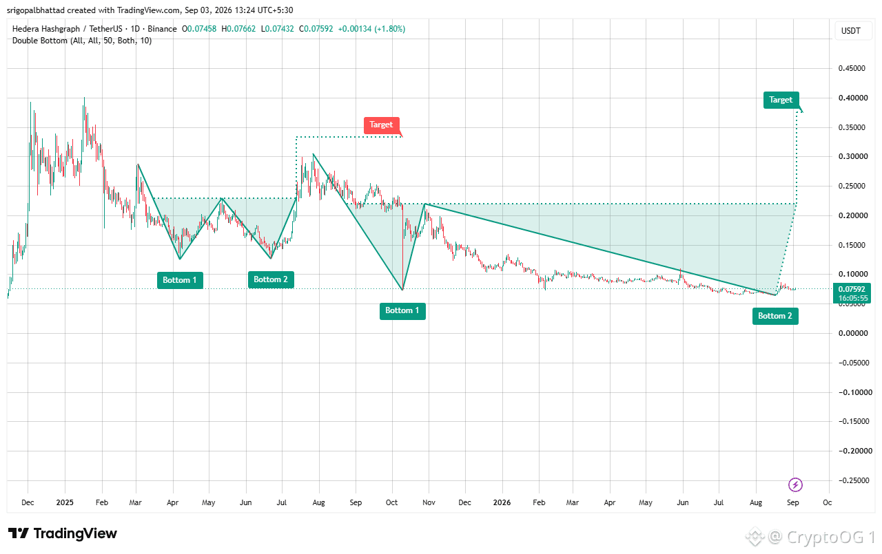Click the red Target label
382,125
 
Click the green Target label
781,100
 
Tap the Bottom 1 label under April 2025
180,280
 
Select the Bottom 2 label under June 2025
271,279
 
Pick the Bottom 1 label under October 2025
402,311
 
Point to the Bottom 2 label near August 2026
775,316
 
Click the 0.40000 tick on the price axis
852,98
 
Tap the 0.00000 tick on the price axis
852,333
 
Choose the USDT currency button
851,31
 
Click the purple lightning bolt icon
795,484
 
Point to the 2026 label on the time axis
502,502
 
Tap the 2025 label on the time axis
65,502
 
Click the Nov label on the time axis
429,502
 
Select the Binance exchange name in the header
162,29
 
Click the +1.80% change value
389,29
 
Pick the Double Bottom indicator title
82,41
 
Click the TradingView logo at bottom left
63,533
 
